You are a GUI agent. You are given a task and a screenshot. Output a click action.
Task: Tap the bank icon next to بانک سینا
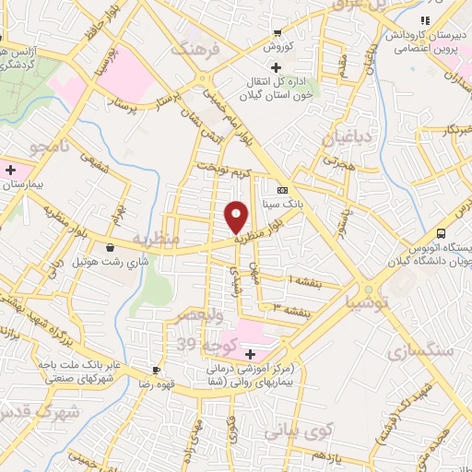tap(281, 189)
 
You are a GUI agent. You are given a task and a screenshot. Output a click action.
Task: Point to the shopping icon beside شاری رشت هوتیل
tap(111, 247)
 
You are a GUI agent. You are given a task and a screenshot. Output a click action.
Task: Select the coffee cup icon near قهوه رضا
tap(156, 370)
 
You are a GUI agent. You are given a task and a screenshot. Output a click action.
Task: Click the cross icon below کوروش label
tap(276, 65)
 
